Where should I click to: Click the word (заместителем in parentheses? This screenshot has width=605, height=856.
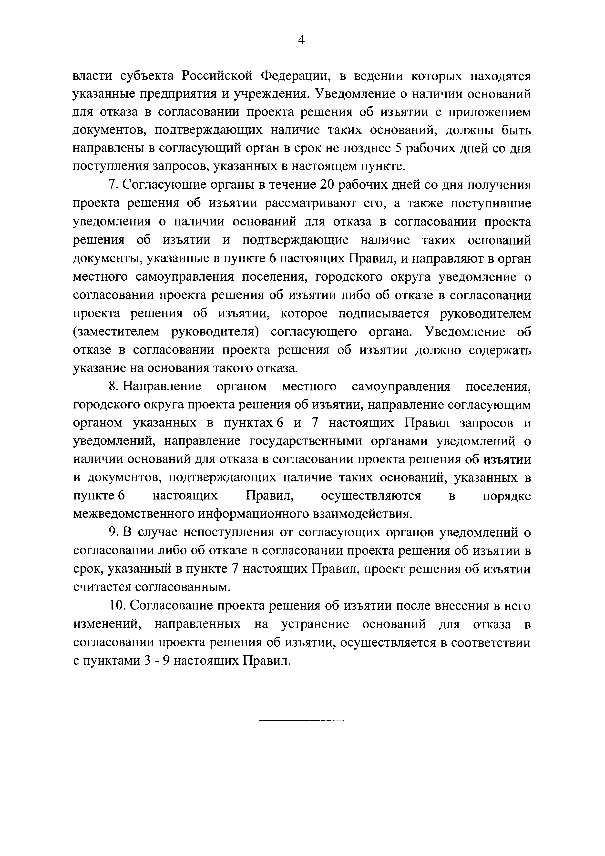click(117, 332)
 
